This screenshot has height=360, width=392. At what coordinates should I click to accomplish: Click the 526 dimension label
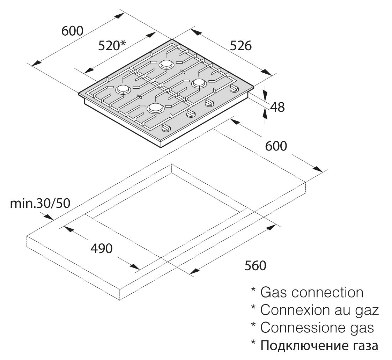point(241,46)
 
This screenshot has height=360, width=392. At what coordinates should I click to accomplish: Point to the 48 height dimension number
point(277,107)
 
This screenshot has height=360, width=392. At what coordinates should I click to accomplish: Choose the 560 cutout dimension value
point(255,265)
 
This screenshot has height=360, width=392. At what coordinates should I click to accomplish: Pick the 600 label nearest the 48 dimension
point(276,146)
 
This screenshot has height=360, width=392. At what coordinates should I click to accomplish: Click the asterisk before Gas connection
point(253,290)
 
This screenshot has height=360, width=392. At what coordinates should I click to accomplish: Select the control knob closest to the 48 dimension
point(234,89)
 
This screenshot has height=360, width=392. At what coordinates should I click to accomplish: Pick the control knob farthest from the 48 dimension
point(165,128)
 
